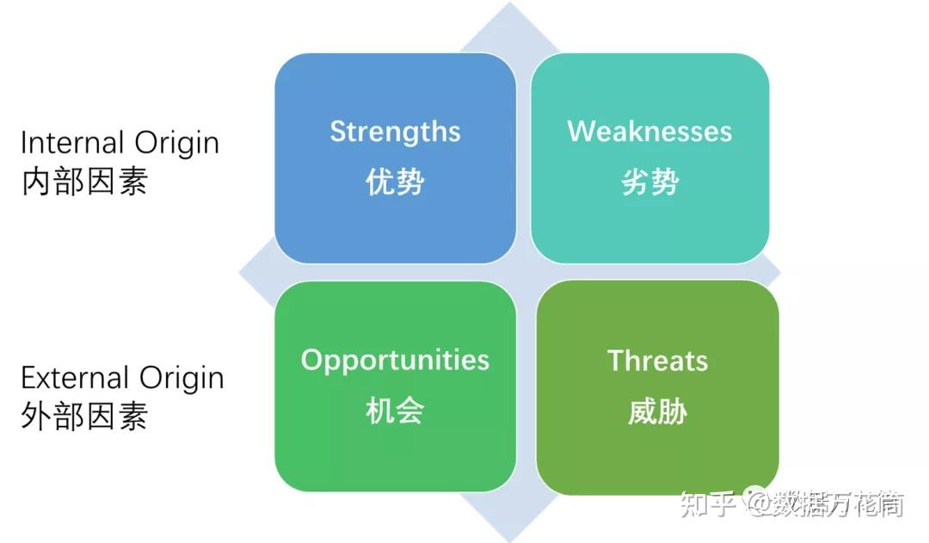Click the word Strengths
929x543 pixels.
point(395,133)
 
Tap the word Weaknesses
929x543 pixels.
point(649,131)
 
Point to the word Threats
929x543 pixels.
point(658,361)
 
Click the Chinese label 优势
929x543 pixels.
point(395,182)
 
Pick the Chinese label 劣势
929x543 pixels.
point(650,182)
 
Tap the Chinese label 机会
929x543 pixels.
point(395,410)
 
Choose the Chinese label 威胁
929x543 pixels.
point(658,411)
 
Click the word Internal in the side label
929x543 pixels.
point(72,143)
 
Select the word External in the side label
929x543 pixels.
point(75,378)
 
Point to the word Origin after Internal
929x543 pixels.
point(176,144)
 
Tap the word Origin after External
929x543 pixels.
point(181,379)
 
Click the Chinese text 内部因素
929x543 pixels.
point(84,182)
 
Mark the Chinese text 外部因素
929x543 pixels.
point(84,416)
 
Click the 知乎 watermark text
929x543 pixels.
point(708,504)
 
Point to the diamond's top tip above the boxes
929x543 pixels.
point(509,3)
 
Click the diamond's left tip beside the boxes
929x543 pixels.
point(239,273)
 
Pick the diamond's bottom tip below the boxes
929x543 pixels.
point(509,540)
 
